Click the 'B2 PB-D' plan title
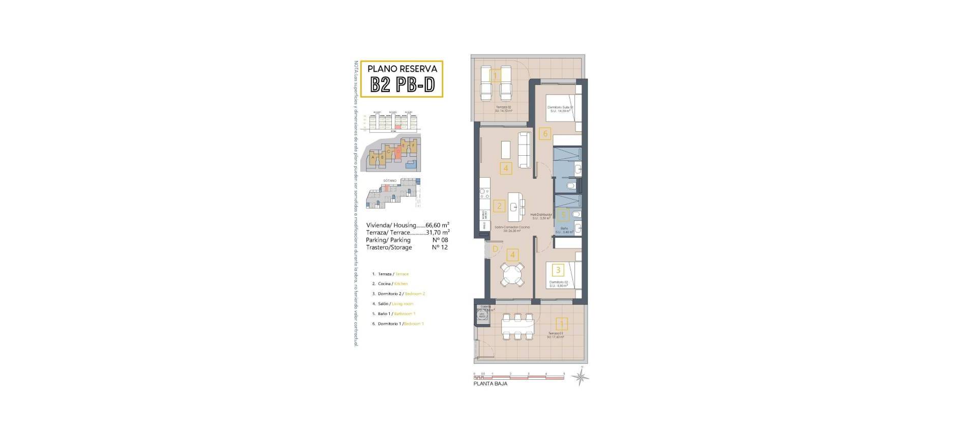pos(402,84)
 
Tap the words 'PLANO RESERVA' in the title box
pos(402,68)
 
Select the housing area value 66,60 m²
pos(437,225)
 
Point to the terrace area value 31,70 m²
pos(437,233)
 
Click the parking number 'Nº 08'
pos(440,240)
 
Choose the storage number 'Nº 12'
pos(440,248)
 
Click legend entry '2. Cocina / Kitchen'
pos(390,284)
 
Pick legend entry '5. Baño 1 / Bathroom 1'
pos(394,314)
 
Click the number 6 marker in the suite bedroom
pos(545,134)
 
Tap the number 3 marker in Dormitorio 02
pos(558,270)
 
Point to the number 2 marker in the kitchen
pos(500,206)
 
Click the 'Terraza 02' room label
pos(503,107)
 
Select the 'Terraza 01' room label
pos(555,333)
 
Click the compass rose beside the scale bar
pos(580,377)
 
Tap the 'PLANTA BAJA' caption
pos(490,384)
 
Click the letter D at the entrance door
pos(495,249)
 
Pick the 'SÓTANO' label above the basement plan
pos(389,181)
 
